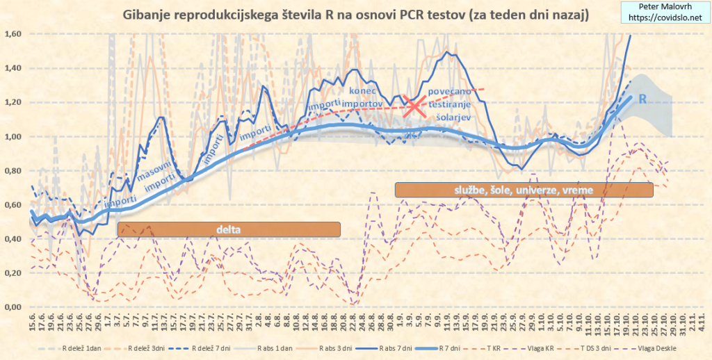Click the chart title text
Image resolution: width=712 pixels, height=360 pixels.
point(355,15)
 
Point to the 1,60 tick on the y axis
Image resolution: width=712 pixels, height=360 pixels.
point(13,34)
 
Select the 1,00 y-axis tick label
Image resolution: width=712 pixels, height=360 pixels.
point(13,137)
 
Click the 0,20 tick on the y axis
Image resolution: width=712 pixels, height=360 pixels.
point(13,273)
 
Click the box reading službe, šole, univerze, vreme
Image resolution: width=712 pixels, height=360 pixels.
point(524,190)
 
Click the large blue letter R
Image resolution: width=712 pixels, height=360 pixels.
point(643,99)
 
